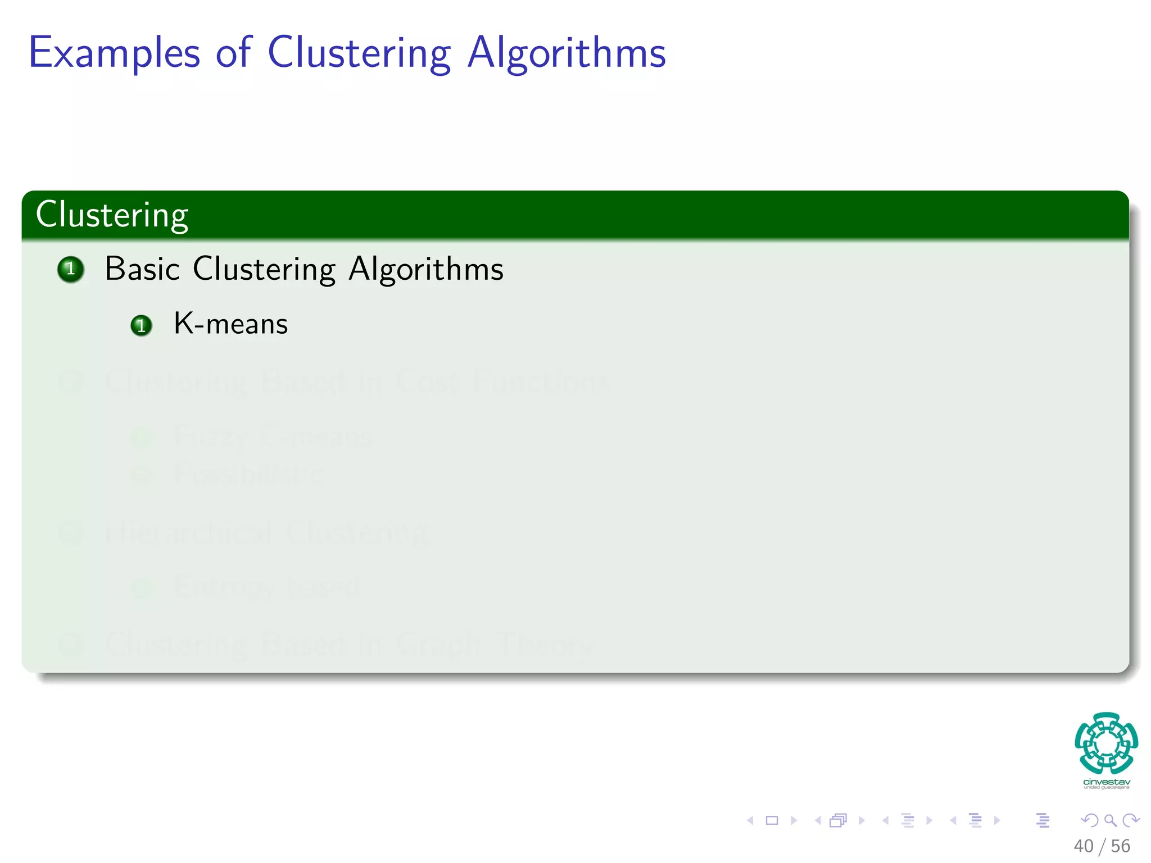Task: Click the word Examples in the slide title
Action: pyautogui.click(x=114, y=53)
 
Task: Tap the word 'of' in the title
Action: pyautogui.click(x=233, y=52)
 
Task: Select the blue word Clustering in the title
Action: pyautogui.click(x=359, y=53)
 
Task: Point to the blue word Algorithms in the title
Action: pyautogui.click(x=567, y=53)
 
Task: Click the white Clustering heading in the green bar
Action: pyautogui.click(x=112, y=215)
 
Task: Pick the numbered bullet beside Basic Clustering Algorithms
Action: pyautogui.click(x=71, y=269)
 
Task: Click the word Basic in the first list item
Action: pyautogui.click(x=142, y=269)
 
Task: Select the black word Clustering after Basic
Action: pyautogui.click(x=264, y=270)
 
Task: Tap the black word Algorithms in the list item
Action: pyautogui.click(x=426, y=270)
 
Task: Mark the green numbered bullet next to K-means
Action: pyautogui.click(x=141, y=325)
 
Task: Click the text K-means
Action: pyautogui.click(x=230, y=324)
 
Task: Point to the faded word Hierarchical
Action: pyautogui.click(x=189, y=532)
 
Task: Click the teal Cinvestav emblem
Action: pyautogui.click(x=1106, y=743)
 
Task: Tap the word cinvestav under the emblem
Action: pyautogui.click(x=1106, y=782)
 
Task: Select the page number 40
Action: pyautogui.click(x=1084, y=846)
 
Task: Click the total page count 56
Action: pyautogui.click(x=1121, y=846)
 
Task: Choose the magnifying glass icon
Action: pyautogui.click(x=1110, y=820)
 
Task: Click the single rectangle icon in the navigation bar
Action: pyautogui.click(x=772, y=820)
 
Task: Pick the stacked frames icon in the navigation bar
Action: pyautogui.click(x=838, y=820)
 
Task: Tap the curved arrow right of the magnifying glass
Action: pyautogui.click(x=1131, y=820)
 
